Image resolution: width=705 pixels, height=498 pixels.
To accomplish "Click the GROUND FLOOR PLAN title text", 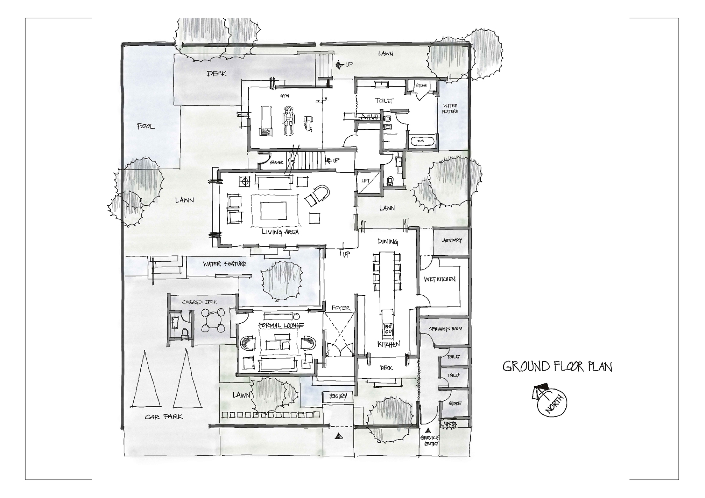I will click(557, 367).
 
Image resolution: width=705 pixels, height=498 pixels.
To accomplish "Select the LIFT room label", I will click(366, 181).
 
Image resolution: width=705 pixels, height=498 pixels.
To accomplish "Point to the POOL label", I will click(146, 126).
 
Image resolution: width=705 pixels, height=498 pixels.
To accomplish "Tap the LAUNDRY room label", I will click(451, 241).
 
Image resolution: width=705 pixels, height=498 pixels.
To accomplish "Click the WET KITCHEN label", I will click(440, 279).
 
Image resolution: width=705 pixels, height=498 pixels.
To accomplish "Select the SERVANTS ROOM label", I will click(445, 329).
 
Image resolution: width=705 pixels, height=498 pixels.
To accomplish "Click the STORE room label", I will click(454, 404).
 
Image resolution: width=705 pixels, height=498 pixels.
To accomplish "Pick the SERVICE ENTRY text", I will click(430, 441).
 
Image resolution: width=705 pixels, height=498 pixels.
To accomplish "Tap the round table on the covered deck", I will click(213, 320).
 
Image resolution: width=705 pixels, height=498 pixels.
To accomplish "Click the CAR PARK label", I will click(164, 417).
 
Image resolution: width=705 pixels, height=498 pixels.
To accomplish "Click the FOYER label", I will click(341, 308).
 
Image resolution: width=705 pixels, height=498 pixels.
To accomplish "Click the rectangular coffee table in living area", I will click(274, 211).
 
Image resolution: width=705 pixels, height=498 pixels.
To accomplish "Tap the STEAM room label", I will click(421, 86).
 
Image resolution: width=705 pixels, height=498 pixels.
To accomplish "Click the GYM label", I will click(284, 96).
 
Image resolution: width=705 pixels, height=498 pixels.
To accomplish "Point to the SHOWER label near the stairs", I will click(276, 163).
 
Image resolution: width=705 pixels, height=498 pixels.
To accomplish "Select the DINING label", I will click(388, 242).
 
